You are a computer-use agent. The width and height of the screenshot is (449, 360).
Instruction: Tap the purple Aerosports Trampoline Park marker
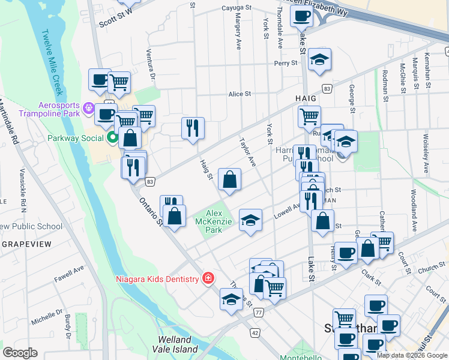pyautogui.click(x=89, y=109)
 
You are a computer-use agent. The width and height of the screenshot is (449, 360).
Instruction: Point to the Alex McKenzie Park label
pyautogui.click(x=214, y=221)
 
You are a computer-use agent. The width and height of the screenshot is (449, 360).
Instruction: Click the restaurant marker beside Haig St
pyautogui.click(x=193, y=128)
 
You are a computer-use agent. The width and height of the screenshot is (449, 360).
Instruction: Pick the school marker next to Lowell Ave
pyautogui.click(x=250, y=220)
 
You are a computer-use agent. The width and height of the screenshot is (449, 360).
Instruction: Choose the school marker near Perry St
pyautogui.click(x=321, y=59)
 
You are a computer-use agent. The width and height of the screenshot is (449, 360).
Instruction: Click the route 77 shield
pyautogui.click(x=259, y=313)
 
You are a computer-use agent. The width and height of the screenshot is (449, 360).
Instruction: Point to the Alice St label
pyautogui.click(x=239, y=94)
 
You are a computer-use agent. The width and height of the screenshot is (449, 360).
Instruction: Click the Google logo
pyautogui.click(x=20, y=353)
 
